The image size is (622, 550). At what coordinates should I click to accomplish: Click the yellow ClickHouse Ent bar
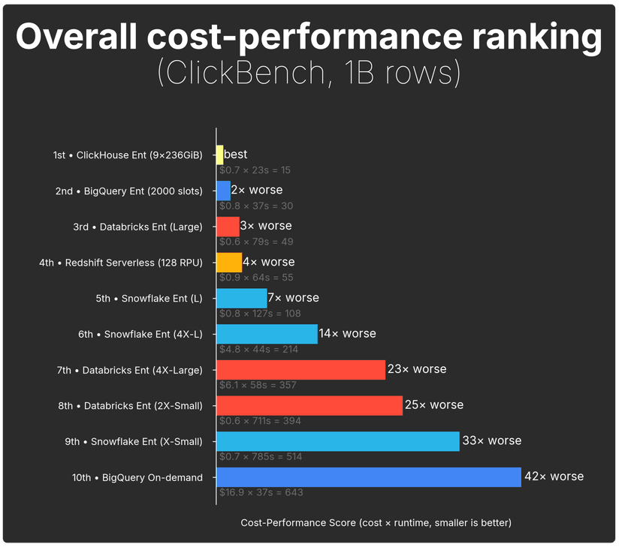tap(220, 155)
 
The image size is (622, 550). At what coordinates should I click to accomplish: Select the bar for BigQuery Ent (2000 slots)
tap(223, 191)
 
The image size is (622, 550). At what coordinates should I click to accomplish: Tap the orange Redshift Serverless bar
tap(229, 262)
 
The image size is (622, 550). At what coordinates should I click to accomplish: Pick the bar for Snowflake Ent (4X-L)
tap(267, 333)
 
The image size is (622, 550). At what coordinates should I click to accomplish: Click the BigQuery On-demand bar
tap(368, 476)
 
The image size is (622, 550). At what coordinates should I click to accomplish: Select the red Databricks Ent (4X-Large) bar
tap(300, 369)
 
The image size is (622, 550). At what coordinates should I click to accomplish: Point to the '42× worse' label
tap(554, 476)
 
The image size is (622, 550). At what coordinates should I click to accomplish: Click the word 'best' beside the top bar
tap(236, 155)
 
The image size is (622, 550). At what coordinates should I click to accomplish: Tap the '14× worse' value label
tap(347, 333)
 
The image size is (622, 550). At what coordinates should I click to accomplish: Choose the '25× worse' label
tap(434, 404)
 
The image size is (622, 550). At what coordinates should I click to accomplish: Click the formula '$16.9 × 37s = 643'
tap(261, 492)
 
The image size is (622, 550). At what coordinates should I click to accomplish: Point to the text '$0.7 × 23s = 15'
tap(255, 170)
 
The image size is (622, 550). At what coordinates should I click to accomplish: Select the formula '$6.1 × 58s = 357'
tap(258, 385)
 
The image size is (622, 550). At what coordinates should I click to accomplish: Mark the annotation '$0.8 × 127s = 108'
tap(260, 314)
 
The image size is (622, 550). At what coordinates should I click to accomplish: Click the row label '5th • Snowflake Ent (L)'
tap(149, 298)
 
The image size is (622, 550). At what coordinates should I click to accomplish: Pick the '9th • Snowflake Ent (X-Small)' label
tap(134, 441)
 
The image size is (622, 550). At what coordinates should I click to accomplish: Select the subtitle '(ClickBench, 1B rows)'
tap(309, 74)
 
